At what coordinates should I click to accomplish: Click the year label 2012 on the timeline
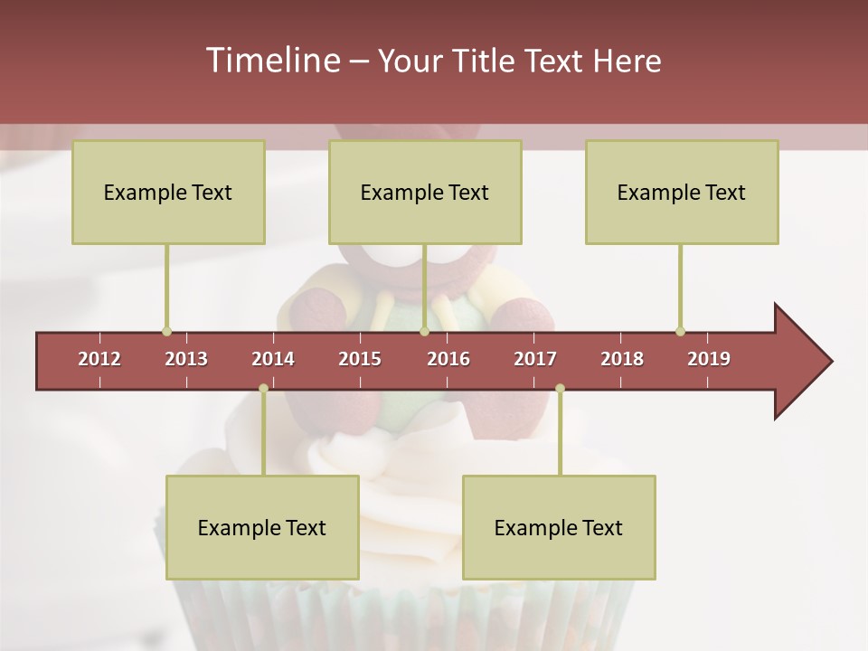point(99,359)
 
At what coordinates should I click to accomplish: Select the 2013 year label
point(186,359)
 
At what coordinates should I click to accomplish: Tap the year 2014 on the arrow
point(273,359)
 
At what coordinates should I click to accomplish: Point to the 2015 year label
point(360,359)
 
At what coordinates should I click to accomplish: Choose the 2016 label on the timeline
point(448,359)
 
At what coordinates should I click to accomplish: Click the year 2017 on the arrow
point(535,359)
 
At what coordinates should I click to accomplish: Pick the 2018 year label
point(622,359)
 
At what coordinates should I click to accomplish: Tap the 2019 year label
point(709,359)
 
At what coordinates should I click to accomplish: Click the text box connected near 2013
point(168,192)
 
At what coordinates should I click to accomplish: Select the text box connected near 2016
point(425,192)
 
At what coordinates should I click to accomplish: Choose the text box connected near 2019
point(682,192)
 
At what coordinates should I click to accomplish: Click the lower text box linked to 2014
point(262,527)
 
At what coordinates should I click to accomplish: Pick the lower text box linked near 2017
point(559,527)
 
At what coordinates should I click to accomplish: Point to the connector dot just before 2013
point(166,332)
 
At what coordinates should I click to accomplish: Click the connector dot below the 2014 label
point(263,389)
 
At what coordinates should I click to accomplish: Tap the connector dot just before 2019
point(680,332)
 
